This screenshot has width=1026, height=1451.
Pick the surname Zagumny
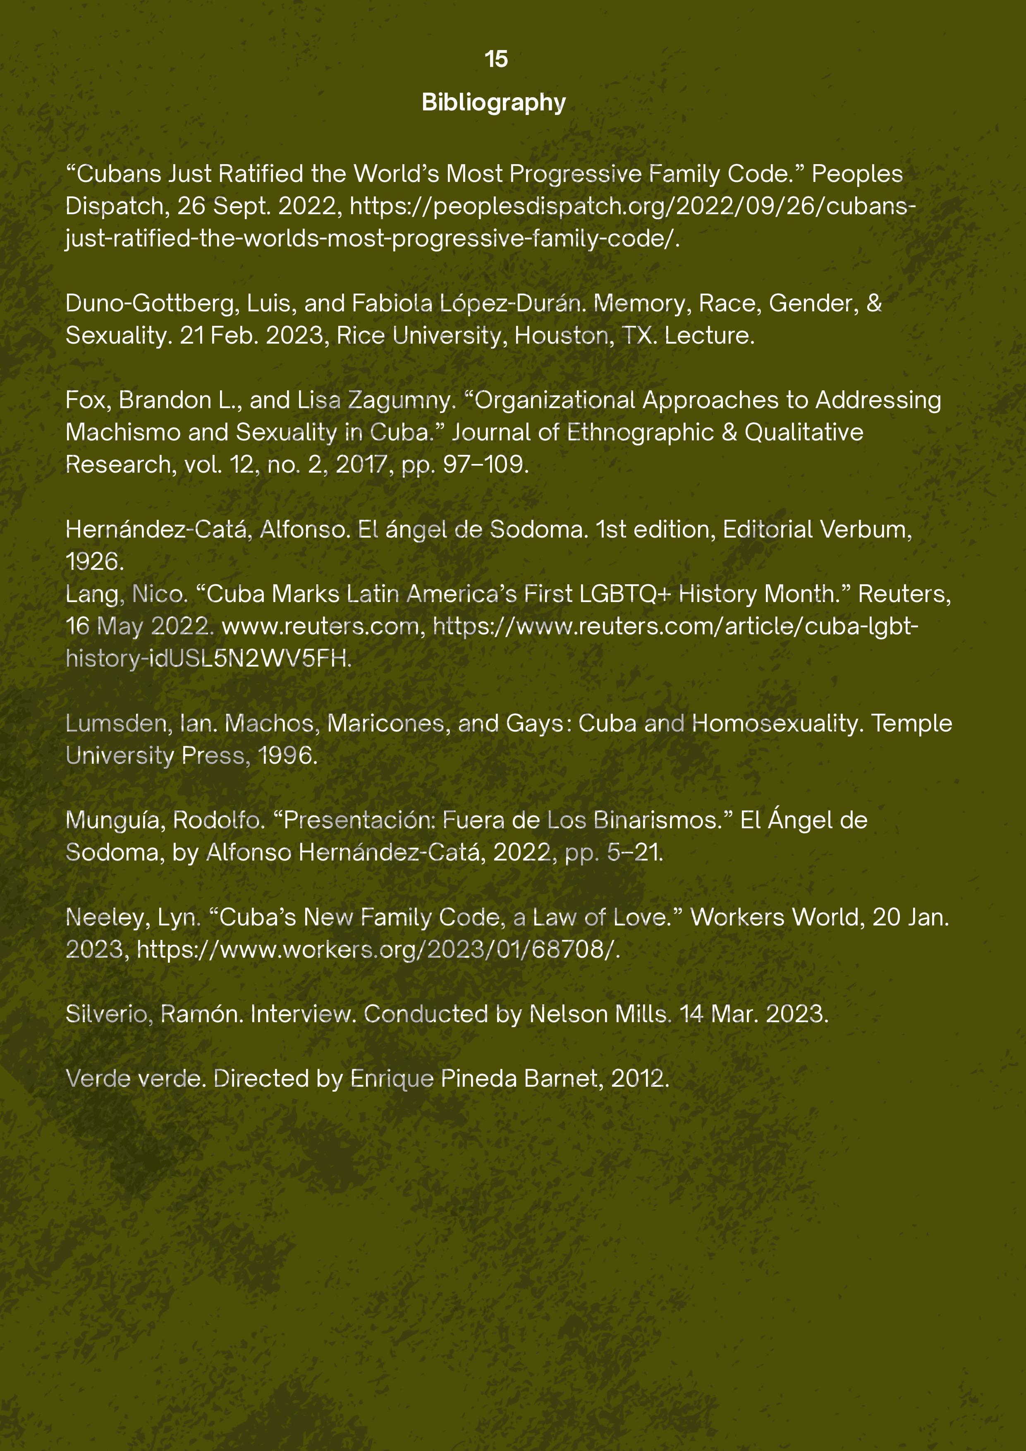pos(401,400)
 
